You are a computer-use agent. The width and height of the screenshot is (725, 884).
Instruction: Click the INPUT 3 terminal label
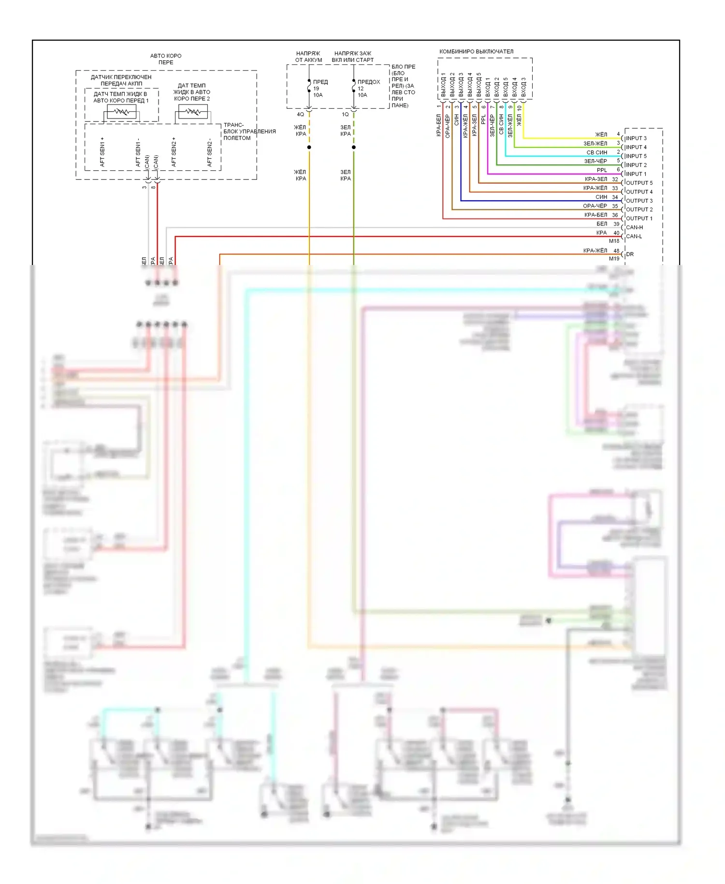[636, 138]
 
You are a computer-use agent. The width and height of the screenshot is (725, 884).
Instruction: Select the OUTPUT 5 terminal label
[638, 183]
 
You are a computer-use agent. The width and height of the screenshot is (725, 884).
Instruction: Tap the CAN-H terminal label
[634, 227]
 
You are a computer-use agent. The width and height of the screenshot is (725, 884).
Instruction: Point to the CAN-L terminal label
[634, 236]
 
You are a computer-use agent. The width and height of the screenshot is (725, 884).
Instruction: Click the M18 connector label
[614, 241]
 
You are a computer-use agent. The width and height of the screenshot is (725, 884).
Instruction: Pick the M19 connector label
[614, 259]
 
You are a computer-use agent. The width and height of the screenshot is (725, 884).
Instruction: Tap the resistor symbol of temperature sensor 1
[121, 113]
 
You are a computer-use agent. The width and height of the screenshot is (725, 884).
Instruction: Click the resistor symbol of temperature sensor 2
[193, 112]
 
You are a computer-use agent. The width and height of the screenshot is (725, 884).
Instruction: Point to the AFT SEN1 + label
[102, 152]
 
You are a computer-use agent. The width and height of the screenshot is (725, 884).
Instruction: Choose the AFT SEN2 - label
[209, 153]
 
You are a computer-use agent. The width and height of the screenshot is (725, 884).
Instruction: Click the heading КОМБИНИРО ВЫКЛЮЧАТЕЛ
[476, 52]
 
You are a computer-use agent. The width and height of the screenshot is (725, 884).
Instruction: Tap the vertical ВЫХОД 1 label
[443, 85]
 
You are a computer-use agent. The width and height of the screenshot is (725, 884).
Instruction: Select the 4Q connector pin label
[300, 115]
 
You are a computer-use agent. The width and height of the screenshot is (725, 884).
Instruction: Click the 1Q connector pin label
[345, 115]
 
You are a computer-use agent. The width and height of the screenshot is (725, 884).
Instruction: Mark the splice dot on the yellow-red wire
[309, 147]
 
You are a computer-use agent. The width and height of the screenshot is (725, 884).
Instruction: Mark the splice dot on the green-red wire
[354, 147]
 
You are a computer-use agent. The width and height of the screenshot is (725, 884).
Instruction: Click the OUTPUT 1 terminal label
[638, 219]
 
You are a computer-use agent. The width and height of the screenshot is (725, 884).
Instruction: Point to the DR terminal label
[630, 254]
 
